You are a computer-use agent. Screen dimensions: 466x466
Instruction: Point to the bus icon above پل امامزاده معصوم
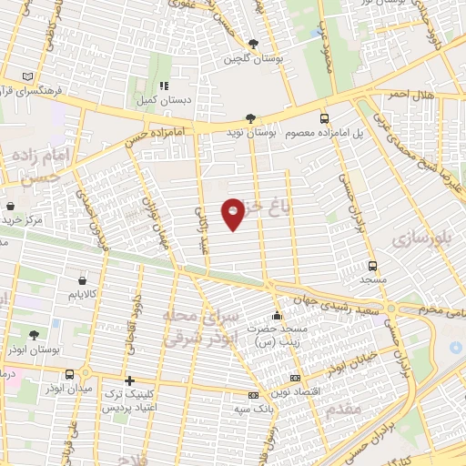(x=324, y=118)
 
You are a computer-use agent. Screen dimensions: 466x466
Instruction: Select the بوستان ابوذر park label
(x=35, y=350)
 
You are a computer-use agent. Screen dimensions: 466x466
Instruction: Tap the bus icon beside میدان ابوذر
(x=69, y=374)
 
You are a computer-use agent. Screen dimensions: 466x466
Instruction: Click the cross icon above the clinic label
(x=129, y=380)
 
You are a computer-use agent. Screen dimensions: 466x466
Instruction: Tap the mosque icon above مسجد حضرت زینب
(x=278, y=316)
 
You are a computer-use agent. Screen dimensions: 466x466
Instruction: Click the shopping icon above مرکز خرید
(x=10, y=206)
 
